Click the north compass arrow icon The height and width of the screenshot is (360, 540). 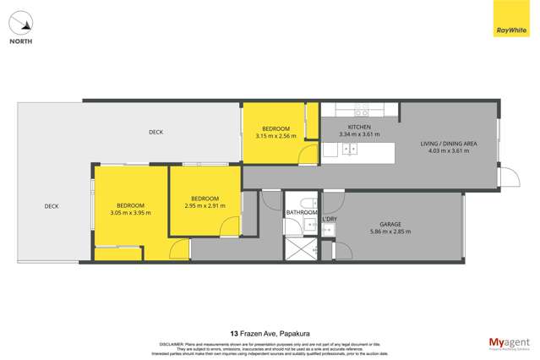[x=20, y=22]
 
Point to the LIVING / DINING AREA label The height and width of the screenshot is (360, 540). [x=449, y=144]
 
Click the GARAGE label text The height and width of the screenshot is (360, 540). [x=390, y=224]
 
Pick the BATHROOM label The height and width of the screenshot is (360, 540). [x=301, y=213]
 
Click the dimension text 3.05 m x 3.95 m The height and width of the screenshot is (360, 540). [x=130, y=213]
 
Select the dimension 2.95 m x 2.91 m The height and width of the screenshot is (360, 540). [x=205, y=205]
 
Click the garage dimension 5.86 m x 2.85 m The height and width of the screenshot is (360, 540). [x=390, y=232]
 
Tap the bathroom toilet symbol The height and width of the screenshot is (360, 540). [x=311, y=202]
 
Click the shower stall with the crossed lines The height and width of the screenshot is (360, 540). [x=300, y=248]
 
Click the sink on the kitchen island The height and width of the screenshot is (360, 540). [x=348, y=150]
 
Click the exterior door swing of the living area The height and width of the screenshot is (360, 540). [x=508, y=179]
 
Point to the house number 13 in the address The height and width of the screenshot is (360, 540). [x=233, y=333]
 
